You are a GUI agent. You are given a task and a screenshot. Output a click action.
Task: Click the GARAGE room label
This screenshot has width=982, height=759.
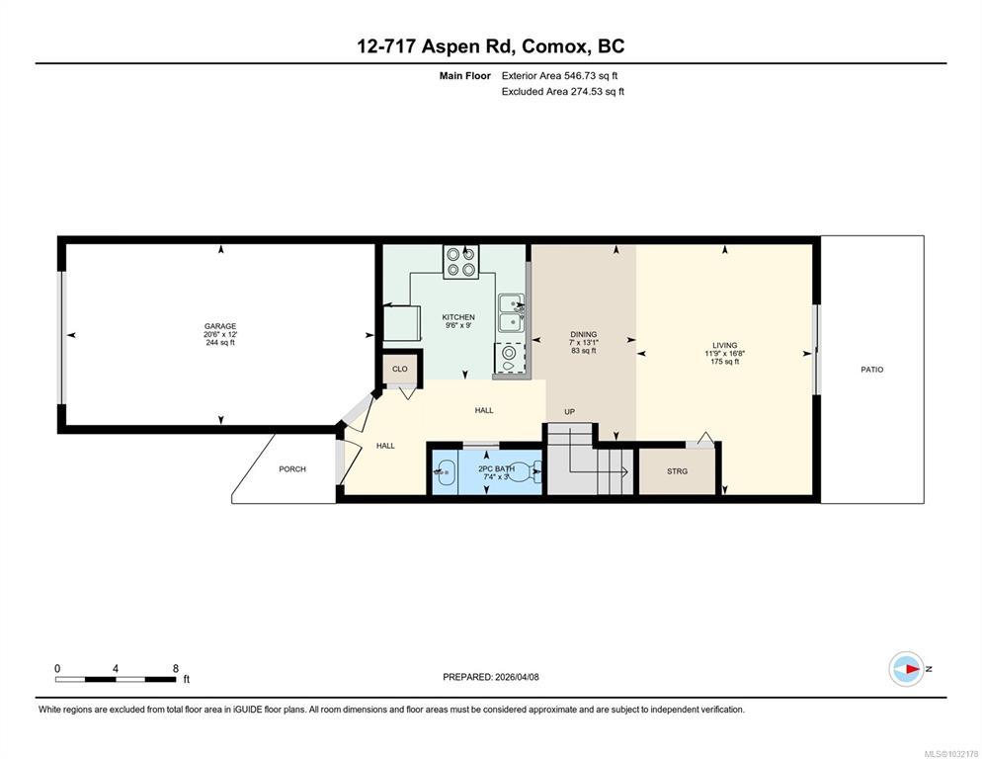[220, 326]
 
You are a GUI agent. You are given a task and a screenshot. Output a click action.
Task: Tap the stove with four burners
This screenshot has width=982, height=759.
[461, 262]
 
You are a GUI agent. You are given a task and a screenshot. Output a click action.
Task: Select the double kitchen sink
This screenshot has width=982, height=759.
[512, 312]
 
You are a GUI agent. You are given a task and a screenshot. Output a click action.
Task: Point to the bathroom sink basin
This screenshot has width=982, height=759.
[445, 472]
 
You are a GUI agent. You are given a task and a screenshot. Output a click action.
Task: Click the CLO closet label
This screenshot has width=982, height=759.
[399, 370]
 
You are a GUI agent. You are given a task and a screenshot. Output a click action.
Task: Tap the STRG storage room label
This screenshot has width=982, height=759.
[677, 471]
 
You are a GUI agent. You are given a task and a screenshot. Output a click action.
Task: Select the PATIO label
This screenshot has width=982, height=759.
[871, 370]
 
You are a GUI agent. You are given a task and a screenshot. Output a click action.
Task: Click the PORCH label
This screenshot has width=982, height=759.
[292, 468]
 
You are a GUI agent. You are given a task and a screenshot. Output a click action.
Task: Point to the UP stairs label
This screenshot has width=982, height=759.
[569, 412]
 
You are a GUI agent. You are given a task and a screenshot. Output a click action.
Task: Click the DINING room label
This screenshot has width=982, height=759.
[583, 334]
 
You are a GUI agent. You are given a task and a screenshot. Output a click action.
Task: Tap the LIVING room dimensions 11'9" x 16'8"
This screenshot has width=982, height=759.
[724, 354]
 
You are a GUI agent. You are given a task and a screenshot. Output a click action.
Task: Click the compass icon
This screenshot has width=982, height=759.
[907, 669]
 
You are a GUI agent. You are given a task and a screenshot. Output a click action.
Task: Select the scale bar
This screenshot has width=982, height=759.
[116, 674]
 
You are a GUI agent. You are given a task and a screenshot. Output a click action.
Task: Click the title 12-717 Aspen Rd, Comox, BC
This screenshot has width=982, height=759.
[490, 46]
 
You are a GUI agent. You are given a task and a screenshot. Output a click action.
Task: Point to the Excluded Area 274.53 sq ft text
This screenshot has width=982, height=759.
[563, 92]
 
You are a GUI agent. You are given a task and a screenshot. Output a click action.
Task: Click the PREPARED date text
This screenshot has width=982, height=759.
[490, 677]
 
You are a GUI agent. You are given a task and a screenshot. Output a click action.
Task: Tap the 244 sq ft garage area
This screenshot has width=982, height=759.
[220, 342]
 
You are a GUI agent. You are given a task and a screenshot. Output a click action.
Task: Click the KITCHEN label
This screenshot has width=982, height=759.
[458, 317]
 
